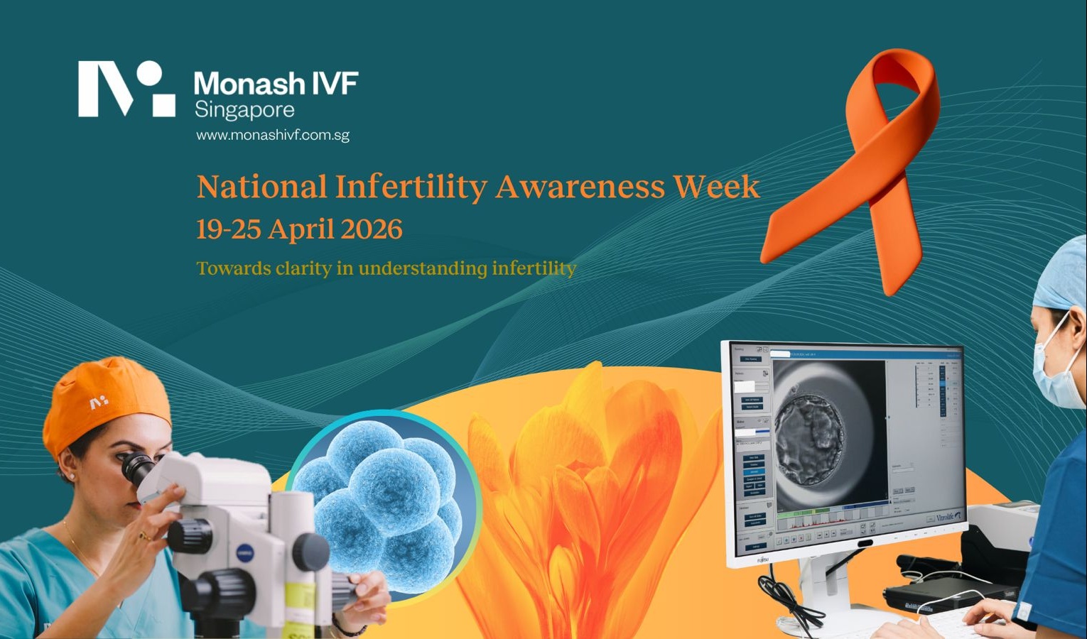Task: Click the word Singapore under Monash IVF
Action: tap(244, 110)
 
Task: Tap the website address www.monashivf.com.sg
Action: tap(273, 135)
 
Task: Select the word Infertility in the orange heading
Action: tap(411, 187)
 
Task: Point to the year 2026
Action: tap(372, 229)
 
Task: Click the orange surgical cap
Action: tap(107, 401)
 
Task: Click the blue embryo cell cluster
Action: tap(384, 501)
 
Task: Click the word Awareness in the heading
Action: tap(580, 187)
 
